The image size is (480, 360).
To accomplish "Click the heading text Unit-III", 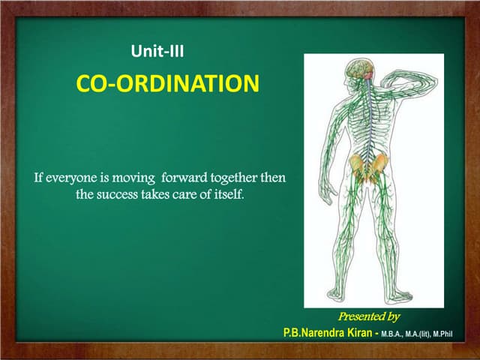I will click(157, 52).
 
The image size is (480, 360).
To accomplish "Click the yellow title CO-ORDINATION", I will click(167, 83).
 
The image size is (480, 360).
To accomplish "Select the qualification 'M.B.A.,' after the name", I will click(395, 333).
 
